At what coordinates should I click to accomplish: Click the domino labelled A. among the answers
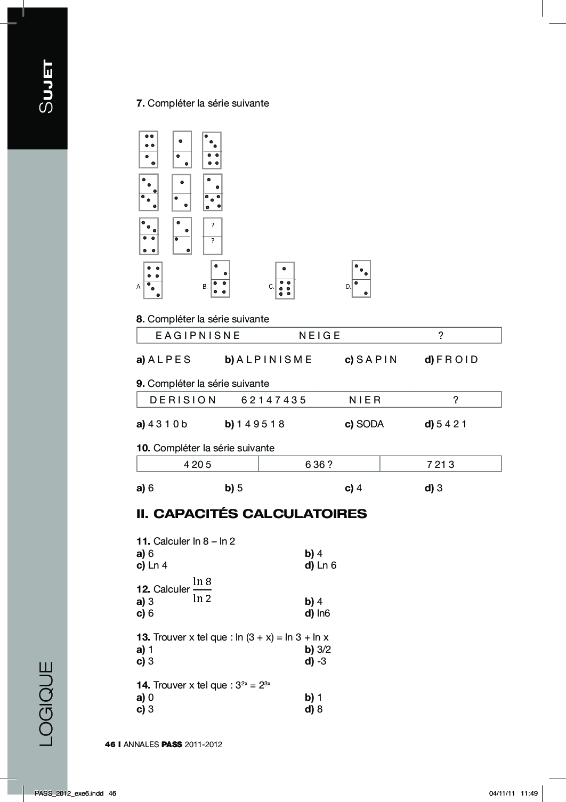click(x=153, y=280)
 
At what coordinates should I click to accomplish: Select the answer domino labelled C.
click(x=285, y=281)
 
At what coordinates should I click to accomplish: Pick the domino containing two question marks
click(x=213, y=236)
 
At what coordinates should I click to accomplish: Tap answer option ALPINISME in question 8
click(x=274, y=360)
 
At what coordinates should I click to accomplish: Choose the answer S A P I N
click(x=377, y=360)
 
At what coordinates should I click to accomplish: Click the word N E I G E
click(x=320, y=336)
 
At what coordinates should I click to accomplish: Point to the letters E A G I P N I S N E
click(x=198, y=336)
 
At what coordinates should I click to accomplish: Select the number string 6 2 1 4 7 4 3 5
click(x=273, y=400)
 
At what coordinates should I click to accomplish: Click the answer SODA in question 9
click(x=370, y=424)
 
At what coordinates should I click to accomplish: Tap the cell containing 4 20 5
click(x=198, y=464)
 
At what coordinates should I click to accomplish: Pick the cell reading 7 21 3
click(x=440, y=464)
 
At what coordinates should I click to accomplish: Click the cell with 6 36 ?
click(x=319, y=464)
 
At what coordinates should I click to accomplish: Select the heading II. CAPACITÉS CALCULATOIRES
click(x=252, y=514)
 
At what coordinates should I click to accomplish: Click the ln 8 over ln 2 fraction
click(x=202, y=589)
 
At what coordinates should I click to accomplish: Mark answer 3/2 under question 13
click(x=324, y=650)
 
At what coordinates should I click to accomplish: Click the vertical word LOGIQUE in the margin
click(x=46, y=703)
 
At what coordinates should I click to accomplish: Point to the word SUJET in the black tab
click(x=46, y=86)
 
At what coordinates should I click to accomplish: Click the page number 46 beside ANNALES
click(x=110, y=744)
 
